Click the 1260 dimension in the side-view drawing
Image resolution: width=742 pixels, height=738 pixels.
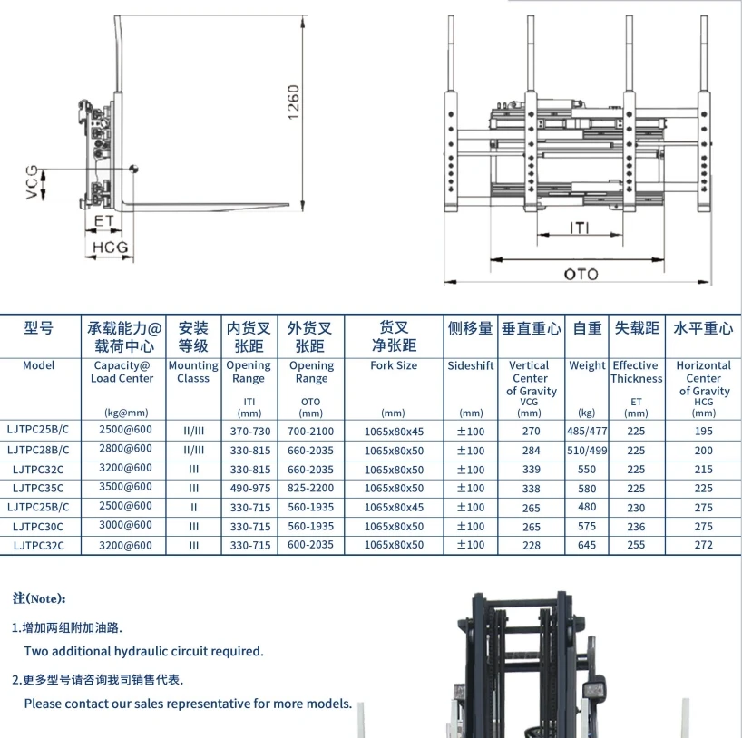click(294, 106)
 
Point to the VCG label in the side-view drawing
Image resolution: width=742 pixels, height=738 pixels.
click(33, 181)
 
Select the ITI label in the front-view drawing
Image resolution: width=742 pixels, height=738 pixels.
click(581, 227)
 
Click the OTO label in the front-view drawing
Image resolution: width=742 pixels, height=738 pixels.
click(581, 274)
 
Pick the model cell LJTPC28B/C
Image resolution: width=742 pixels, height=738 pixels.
click(39, 451)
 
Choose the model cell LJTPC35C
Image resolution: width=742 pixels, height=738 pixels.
click(39, 489)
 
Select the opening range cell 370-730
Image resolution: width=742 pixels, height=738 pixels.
click(248, 432)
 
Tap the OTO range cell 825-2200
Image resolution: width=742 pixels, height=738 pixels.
click(310, 489)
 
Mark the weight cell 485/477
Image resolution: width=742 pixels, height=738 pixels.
click(587, 432)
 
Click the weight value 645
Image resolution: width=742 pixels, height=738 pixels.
click(587, 545)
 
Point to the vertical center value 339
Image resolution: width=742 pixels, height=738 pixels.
click(531, 470)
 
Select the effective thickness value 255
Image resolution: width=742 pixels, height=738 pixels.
click(636, 545)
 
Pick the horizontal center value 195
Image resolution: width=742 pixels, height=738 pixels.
click(703, 432)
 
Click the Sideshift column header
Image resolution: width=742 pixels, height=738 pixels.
click(471, 366)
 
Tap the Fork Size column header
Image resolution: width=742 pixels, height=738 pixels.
click(394, 366)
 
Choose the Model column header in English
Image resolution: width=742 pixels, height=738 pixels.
click(39, 366)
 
